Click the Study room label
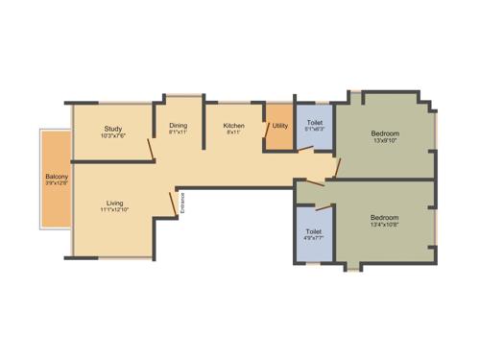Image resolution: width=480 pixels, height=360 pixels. pos(112,129)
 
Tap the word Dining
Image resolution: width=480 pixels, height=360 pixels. pos(179,126)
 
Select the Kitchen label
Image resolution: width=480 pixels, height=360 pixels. pos(233,126)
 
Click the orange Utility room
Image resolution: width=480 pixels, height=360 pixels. pos(279,126)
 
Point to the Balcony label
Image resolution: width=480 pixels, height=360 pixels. pos(56,178)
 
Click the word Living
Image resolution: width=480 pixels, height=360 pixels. pos(114,203)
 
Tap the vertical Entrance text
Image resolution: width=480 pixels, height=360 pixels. pos(181,204)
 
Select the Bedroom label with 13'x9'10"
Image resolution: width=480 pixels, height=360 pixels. pos(385,132)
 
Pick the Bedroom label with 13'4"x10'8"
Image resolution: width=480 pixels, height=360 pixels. pos(384,217)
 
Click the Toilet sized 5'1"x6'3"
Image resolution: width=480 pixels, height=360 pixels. pos(314,123)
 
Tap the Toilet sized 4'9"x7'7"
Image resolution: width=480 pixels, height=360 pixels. pos(313,231)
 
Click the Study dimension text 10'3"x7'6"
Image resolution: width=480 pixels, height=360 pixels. pos(113,136)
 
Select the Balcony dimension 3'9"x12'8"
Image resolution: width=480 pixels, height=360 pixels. pos(56,185)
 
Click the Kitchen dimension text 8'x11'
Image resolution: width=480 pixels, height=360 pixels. pos(233,133)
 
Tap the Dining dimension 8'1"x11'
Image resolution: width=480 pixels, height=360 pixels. pos(179,133)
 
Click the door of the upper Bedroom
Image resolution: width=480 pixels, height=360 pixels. pos(333,169)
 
